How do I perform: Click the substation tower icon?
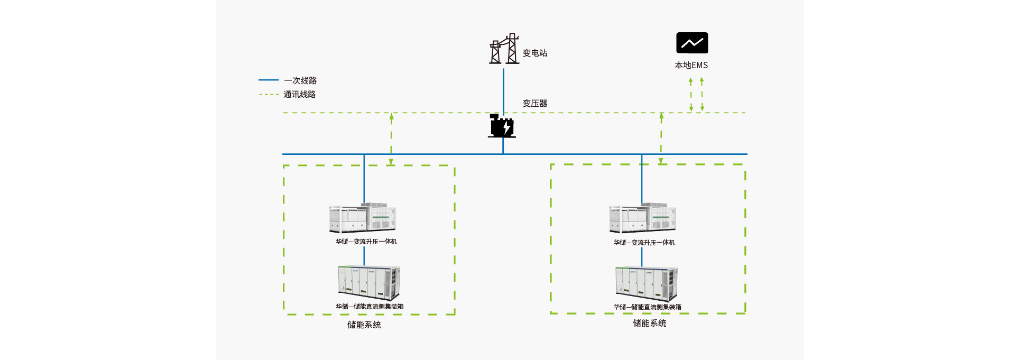504,49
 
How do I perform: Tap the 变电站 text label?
535,53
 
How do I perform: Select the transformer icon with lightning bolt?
502,126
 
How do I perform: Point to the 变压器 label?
535,103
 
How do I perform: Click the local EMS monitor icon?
692,43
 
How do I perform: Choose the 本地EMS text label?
691,65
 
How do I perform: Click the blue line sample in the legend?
269,80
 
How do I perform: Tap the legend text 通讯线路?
300,94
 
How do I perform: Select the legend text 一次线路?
300,80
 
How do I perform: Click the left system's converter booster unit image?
363,218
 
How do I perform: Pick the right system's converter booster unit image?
642,218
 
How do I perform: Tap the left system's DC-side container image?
369,283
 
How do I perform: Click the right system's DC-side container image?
647,283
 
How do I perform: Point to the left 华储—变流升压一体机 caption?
366,242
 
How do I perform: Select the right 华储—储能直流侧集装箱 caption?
648,307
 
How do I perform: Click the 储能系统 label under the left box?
364,325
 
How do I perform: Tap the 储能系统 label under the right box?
650,323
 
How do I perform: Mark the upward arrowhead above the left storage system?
392,116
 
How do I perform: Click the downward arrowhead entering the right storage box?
661,161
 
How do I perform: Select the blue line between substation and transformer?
503,90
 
